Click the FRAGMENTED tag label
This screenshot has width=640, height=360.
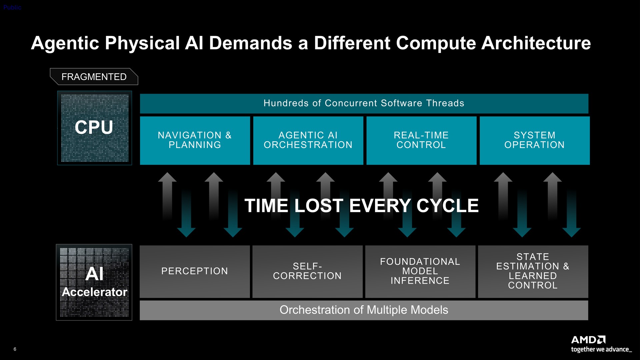pos(94,77)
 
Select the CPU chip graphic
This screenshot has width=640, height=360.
pos(95,128)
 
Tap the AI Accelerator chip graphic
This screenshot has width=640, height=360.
pos(94,282)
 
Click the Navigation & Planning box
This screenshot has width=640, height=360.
pos(195,140)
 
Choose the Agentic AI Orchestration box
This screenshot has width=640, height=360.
pos(308,140)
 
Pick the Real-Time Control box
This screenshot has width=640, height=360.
pos(421,140)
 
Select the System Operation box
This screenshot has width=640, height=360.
pos(535,140)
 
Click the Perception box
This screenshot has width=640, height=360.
pos(195,272)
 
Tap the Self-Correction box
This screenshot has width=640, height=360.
pos(307,272)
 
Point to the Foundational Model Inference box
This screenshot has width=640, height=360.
pos(420,272)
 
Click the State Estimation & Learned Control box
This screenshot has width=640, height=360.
pos(533,272)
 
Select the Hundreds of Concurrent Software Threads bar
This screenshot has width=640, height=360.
pos(364,104)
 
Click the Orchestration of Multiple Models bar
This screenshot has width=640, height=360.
pos(364,310)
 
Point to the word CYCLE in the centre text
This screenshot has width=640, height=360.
pos(448,206)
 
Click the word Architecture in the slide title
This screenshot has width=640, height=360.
pos(536,43)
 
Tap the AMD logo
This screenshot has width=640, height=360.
pos(588,340)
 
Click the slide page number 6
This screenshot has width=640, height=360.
pos(15,349)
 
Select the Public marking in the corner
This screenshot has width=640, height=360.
pos(12,7)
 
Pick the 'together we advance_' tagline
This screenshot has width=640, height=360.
pos(601,350)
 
